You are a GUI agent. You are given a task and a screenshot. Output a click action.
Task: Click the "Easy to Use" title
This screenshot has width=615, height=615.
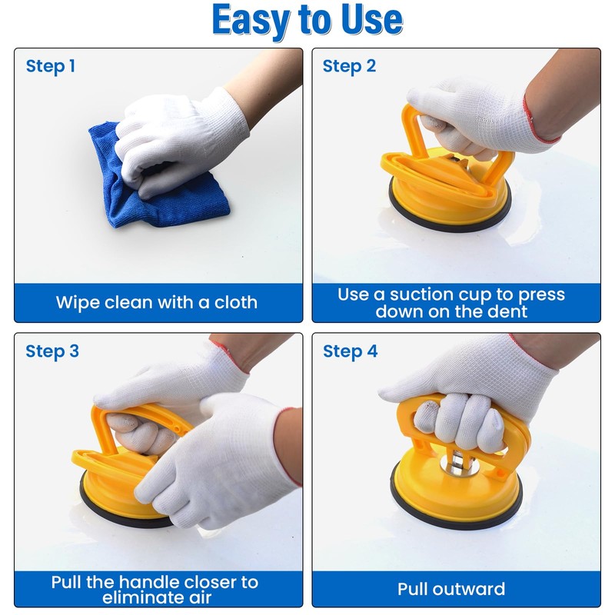[x=307, y=21]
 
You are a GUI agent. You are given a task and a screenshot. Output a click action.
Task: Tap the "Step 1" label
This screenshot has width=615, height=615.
[x=51, y=66]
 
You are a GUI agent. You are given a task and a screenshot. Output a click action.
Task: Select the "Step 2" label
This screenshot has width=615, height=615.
[x=349, y=66]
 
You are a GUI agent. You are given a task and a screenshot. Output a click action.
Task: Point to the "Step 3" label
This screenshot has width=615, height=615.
[x=52, y=351]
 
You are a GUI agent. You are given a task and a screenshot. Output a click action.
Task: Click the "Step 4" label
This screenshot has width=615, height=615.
[x=351, y=351]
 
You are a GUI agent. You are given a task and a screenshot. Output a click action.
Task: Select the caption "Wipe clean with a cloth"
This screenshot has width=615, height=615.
[x=157, y=302]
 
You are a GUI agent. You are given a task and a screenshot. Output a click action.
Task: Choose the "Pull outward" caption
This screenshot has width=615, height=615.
[x=451, y=590]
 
